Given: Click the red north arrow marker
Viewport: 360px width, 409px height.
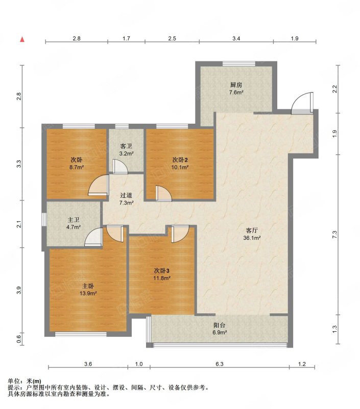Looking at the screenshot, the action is tap(22, 39).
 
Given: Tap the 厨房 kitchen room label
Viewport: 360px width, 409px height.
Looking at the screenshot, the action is tap(236, 85).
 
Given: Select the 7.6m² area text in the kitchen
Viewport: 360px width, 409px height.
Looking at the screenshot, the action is tap(236, 92).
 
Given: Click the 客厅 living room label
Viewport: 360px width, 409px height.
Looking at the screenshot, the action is tap(252, 231).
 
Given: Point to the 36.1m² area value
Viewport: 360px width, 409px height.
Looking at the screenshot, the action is tap(252, 238).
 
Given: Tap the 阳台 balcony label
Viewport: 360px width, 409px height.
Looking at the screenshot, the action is tap(220, 325).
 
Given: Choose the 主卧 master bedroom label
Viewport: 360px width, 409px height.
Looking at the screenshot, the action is tap(88, 286).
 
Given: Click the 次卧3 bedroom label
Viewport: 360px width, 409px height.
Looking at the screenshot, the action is tap(162, 271).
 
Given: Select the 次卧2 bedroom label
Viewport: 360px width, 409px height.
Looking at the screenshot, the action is tap(180, 160).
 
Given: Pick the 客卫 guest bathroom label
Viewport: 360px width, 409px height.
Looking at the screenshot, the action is tap(126, 146).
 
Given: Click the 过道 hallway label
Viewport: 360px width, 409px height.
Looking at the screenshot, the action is tap(126, 195).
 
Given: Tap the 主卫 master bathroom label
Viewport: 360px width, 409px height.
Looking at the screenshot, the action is tap(73, 220).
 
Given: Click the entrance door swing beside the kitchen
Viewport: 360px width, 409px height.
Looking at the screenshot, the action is tap(302, 103).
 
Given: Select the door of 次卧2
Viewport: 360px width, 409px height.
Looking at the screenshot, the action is tap(164, 193).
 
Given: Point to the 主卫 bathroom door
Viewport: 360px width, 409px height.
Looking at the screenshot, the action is tap(93, 237).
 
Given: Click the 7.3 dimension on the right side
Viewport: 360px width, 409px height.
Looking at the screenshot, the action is tap(335, 234).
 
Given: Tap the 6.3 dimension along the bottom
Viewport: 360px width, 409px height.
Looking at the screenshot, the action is tap(220, 364).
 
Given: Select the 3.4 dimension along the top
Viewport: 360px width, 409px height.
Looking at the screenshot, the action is tap(236, 38).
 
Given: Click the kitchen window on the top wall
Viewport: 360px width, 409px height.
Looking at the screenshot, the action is tap(239, 63).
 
